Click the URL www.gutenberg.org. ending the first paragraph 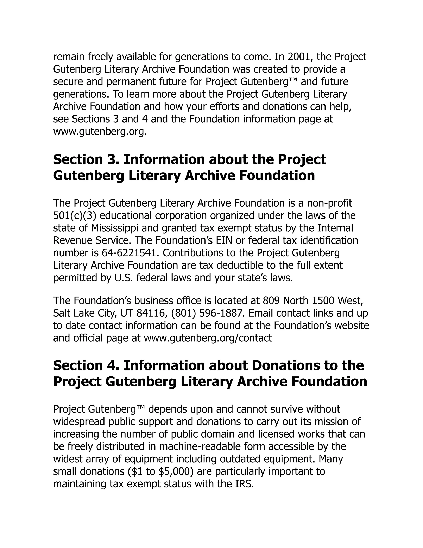click(100, 132)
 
